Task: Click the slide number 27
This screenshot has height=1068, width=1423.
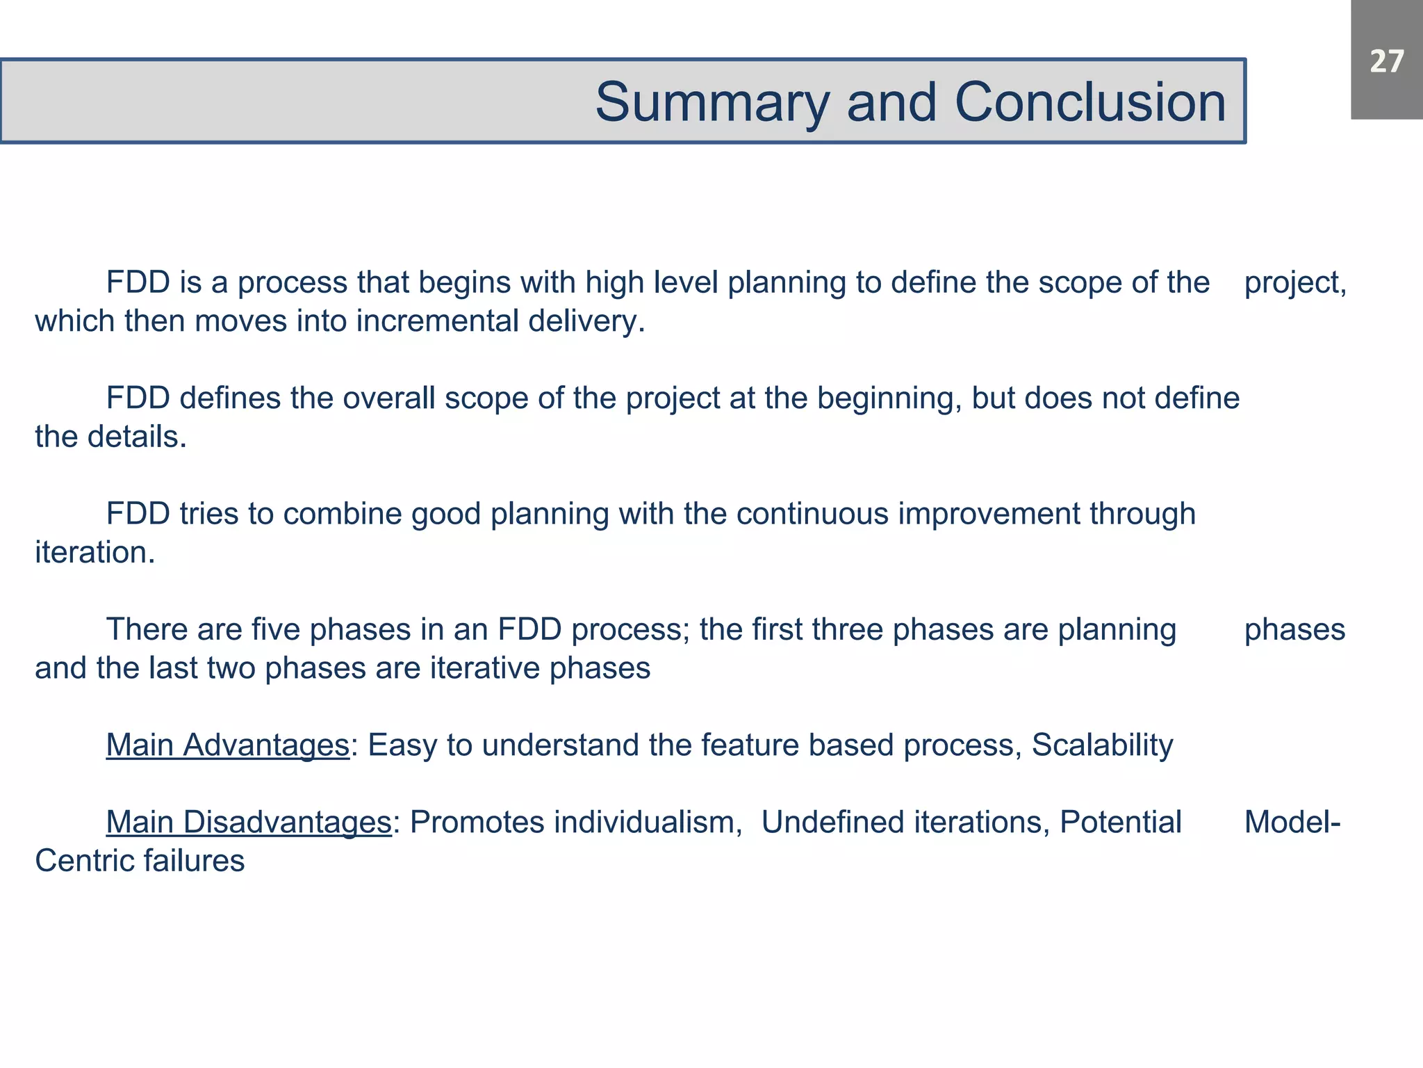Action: point(1387,62)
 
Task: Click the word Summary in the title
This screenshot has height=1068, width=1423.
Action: point(712,102)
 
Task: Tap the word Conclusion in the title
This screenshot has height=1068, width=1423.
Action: point(1090,102)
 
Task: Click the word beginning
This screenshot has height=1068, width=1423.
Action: point(889,398)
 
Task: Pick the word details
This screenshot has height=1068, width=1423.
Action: point(137,437)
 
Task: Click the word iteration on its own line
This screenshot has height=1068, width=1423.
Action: point(94,553)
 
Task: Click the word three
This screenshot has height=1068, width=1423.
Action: point(848,629)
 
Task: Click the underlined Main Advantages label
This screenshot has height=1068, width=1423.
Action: point(227,745)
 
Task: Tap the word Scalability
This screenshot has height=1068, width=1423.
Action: point(1102,745)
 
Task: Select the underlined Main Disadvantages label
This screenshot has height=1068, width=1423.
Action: point(249,822)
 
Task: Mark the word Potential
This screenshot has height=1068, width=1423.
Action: point(1120,822)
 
